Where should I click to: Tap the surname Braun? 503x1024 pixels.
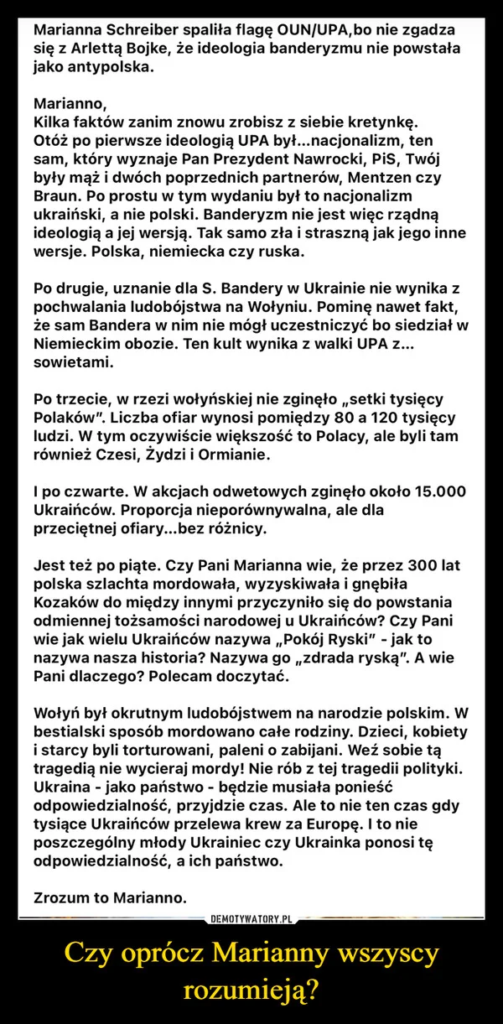click(x=58, y=197)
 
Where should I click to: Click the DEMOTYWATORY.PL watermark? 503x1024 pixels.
click(x=251, y=896)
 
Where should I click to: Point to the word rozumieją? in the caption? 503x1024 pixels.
click(x=251, y=990)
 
